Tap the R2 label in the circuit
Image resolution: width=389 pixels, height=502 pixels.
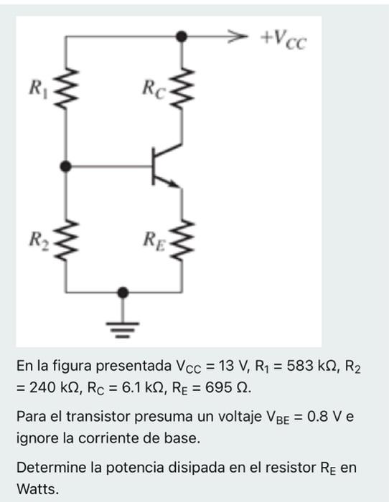[36, 237]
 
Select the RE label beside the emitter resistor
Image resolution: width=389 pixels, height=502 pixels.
[153, 237]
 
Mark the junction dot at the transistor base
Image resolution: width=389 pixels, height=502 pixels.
[66, 167]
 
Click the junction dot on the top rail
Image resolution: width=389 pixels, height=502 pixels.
[182, 34]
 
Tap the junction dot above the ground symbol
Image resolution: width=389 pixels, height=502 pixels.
[123, 292]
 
